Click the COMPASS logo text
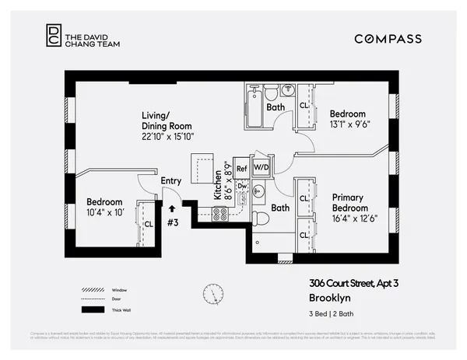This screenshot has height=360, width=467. pos(388,39)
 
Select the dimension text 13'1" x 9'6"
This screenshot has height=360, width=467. pos(352,124)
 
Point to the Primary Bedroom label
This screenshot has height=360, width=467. pos(349,203)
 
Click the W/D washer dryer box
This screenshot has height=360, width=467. pos(261,168)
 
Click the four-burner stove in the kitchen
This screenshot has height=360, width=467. pos(220,212)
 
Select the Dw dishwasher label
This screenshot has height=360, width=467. pos(242,187)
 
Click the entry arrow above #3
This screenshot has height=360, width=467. pos(170,208)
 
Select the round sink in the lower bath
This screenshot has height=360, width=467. pos(259,190)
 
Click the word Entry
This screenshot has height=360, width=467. pos(170,181)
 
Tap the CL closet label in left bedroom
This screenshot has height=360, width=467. pos(148,224)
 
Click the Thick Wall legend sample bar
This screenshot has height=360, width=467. pos(93,309)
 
